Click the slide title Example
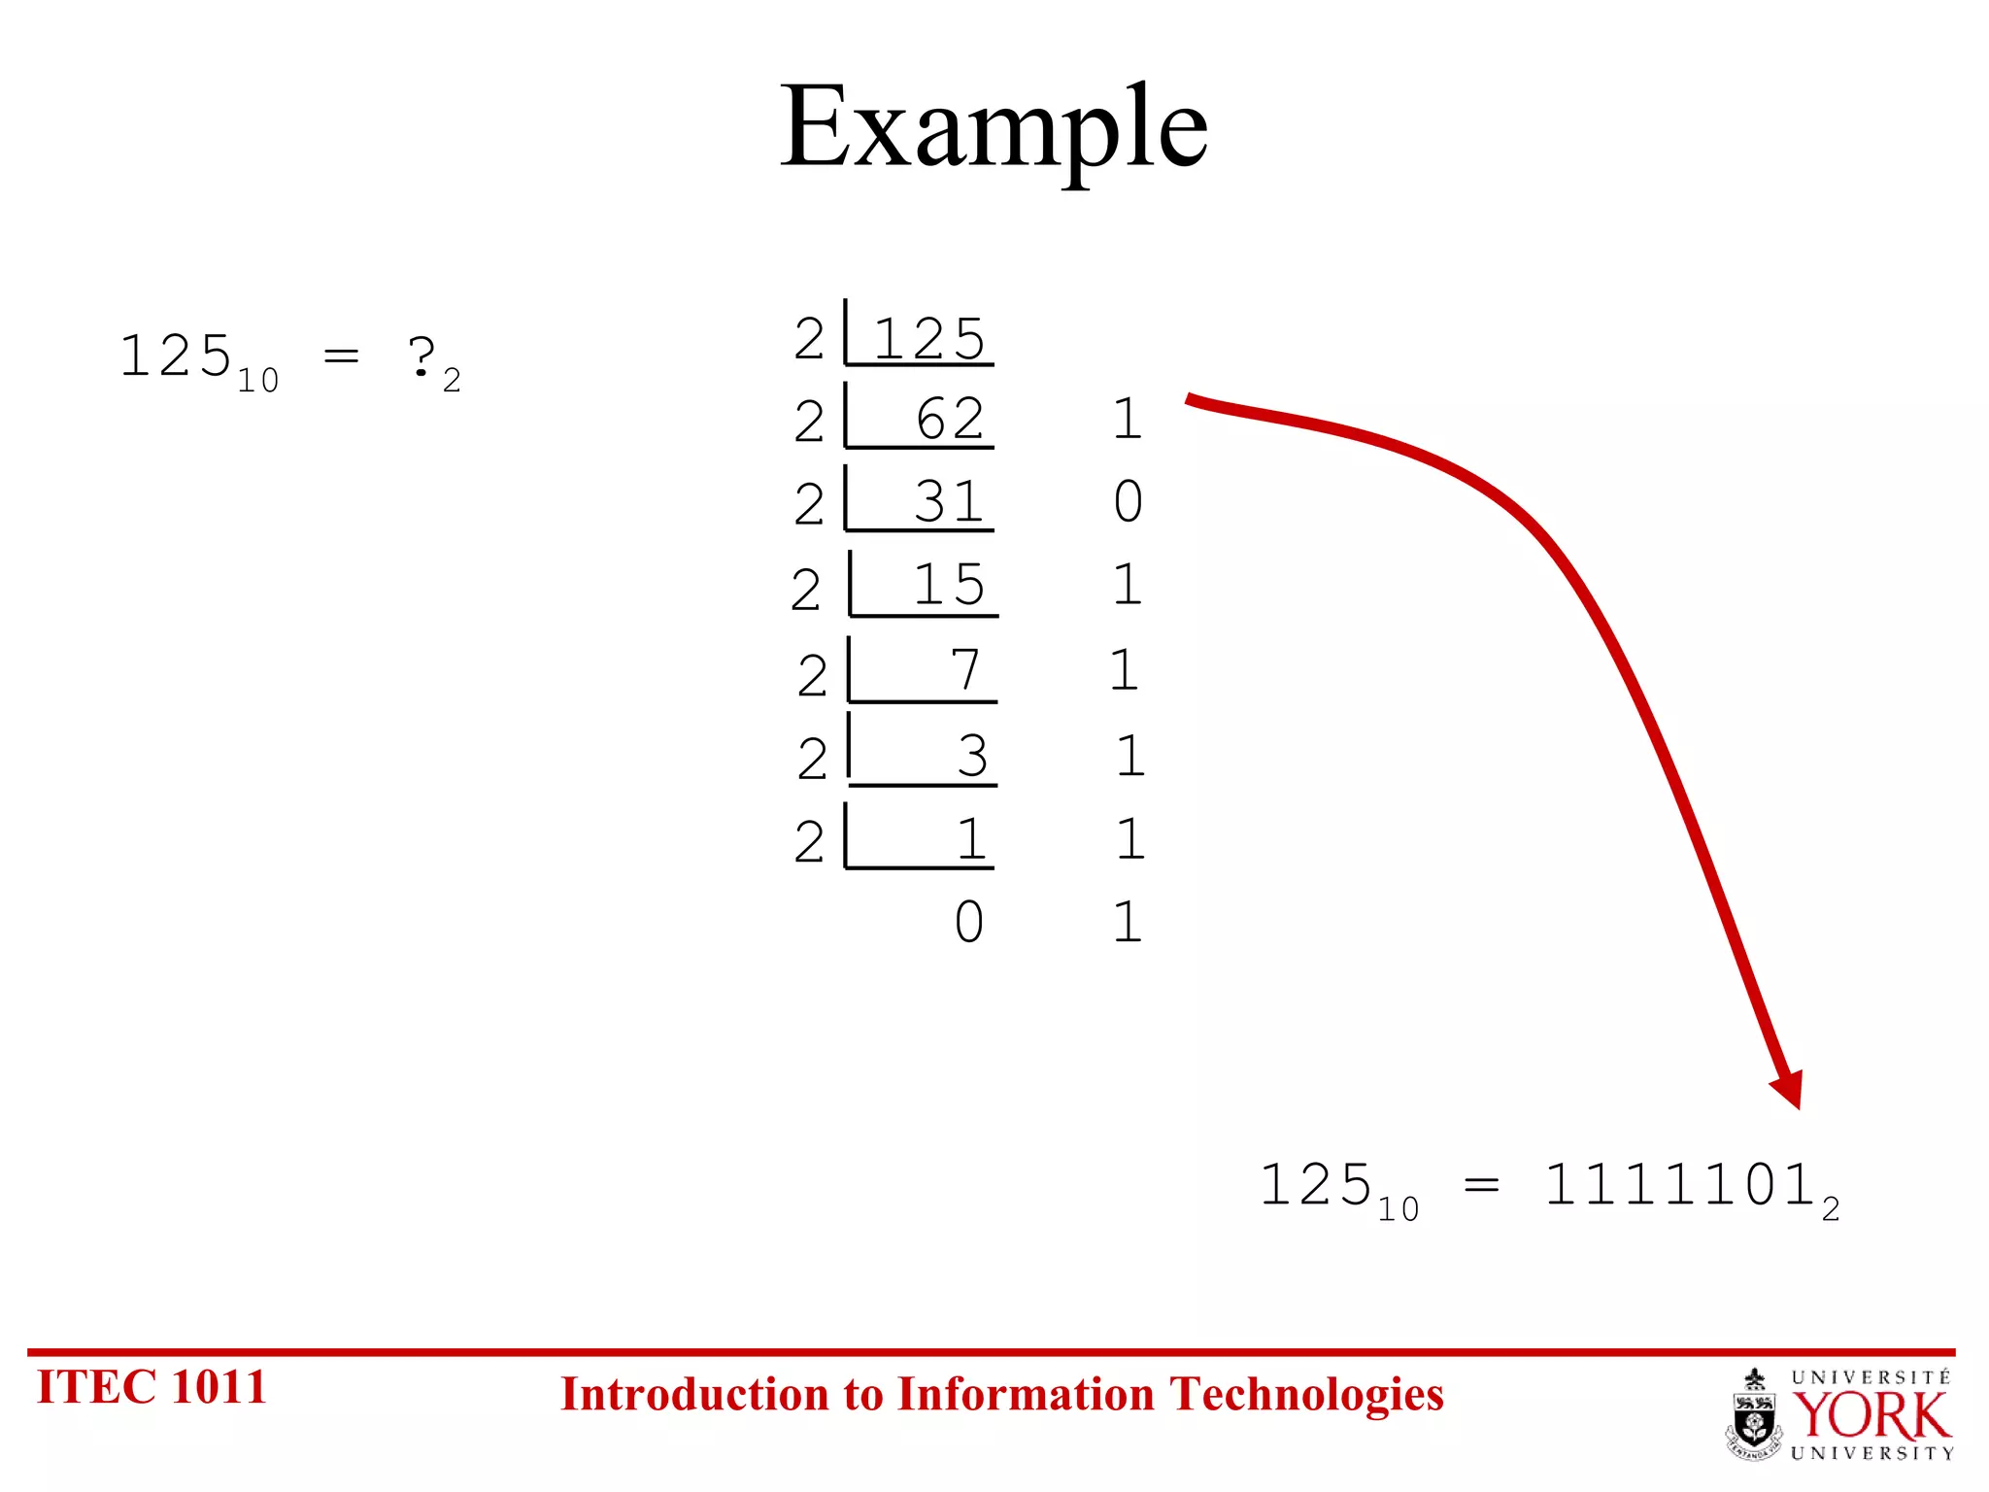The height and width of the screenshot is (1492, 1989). click(994, 128)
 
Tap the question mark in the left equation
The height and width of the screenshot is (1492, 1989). click(421, 356)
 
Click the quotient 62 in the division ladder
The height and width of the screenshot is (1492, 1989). click(950, 420)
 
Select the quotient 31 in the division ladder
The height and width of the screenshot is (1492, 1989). click(949, 502)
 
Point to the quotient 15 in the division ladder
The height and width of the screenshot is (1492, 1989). click(949, 585)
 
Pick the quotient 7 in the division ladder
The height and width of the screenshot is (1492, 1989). click(965, 670)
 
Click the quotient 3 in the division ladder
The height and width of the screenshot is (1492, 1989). click(972, 755)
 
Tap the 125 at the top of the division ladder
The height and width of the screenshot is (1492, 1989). click(929, 339)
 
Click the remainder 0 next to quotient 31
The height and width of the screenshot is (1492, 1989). click(1128, 502)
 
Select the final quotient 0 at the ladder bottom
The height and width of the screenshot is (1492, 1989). click(968, 922)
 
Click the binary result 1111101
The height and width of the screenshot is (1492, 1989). click(1680, 1186)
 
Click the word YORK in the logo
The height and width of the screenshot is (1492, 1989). click(1871, 1416)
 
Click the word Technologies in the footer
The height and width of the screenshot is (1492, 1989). click(1306, 1395)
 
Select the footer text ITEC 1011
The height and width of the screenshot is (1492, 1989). click(152, 1387)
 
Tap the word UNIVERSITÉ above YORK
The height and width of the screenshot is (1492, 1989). click(1871, 1377)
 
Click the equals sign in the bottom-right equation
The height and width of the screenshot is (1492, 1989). click(1481, 1186)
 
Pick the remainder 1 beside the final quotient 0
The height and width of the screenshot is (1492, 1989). click(1127, 922)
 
